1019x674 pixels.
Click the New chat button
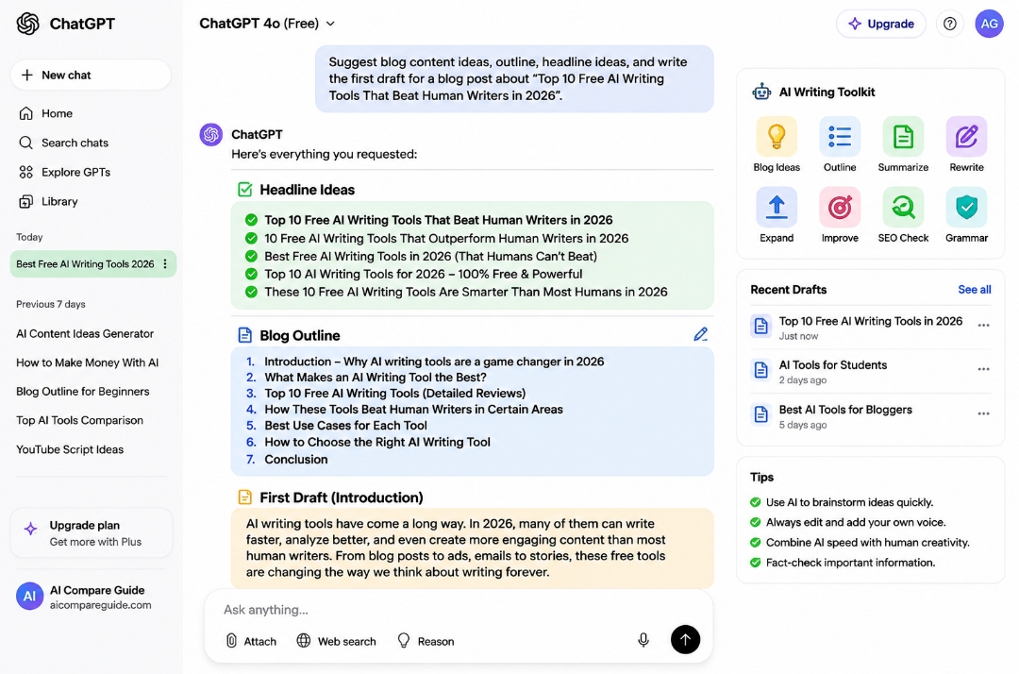tap(91, 75)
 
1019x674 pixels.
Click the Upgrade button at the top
tap(880, 24)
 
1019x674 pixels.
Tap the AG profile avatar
tap(989, 24)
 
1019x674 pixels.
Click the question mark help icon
tap(949, 24)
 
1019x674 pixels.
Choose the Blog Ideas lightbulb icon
tap(777, 137)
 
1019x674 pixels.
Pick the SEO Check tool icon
tap(903, 208)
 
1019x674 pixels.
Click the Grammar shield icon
tap(966, 208)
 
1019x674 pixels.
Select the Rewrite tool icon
tap(966, 137)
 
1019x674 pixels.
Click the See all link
tap(974, 289)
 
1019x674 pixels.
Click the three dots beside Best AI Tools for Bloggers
tap(983, 413)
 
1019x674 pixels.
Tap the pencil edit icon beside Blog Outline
tap(700, 334)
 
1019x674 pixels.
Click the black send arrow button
tap(685, 640)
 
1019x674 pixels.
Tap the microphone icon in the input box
tap(643, 640)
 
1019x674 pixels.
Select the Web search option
tap(336, 641)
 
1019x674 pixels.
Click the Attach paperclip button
tap(251, 641)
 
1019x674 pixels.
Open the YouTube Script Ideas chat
tap(70, 449)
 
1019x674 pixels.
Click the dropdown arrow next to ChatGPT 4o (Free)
tap(330, 24)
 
